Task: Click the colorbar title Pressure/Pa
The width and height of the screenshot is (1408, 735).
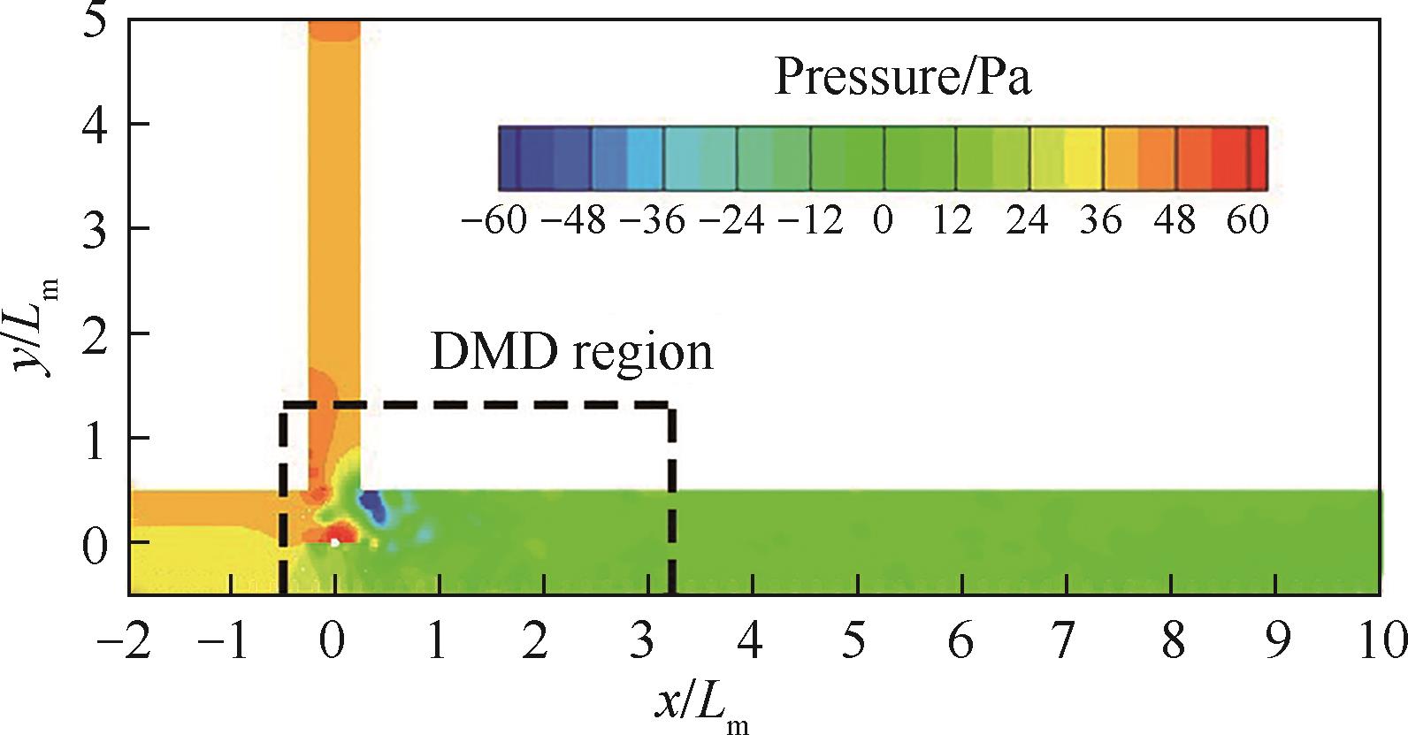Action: (x=902, y=77)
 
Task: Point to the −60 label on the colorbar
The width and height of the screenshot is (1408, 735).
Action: (x=494, y=219)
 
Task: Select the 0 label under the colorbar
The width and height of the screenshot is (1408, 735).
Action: (x=883, y=219)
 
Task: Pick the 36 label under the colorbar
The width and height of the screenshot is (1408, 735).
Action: (x=1101, y=219)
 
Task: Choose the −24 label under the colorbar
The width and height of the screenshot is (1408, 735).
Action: (x=731, y=219)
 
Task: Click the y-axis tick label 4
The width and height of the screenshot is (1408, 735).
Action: (x=96, y=124)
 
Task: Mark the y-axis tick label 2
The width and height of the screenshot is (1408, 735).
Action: (x=96, y=333)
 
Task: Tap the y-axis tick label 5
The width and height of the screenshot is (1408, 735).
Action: (x=96, y=19)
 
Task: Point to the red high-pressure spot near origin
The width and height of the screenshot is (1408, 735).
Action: (x=338, y=534)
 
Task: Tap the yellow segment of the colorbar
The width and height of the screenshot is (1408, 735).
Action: (x=1083, y=158)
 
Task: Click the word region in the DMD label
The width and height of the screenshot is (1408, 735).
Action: (x=642, y=352)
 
